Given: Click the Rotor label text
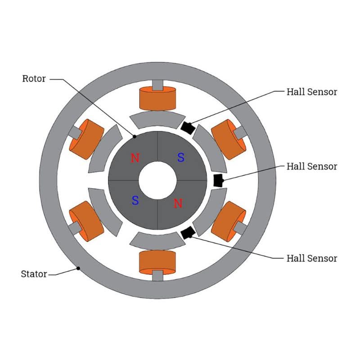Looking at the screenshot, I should click(34, 79).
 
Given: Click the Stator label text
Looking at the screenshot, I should click(34, 274).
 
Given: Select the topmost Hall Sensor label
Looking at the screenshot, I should click(311, 92).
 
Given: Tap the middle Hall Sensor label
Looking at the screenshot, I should click(311, 166).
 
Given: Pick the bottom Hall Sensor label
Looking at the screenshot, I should click(311, 258).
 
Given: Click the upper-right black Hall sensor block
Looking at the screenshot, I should click(188, 127).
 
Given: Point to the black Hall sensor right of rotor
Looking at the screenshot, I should click(218, 180).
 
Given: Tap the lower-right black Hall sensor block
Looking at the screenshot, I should click(187, 233).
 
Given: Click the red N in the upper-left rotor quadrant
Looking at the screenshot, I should click(135, 158).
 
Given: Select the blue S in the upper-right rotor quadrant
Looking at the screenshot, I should click(180, 157).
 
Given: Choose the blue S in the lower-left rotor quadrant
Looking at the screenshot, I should click(135, 201).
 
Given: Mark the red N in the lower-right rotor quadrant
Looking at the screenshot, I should click(178, 203).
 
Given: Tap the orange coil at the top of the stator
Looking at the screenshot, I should click(157, 99).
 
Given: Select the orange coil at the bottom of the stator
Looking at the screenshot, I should click(157, 262).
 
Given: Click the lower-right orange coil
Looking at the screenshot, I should click(228, 222).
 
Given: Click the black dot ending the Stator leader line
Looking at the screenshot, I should click(78, 268).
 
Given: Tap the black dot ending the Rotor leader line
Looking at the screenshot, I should click(134, 136).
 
